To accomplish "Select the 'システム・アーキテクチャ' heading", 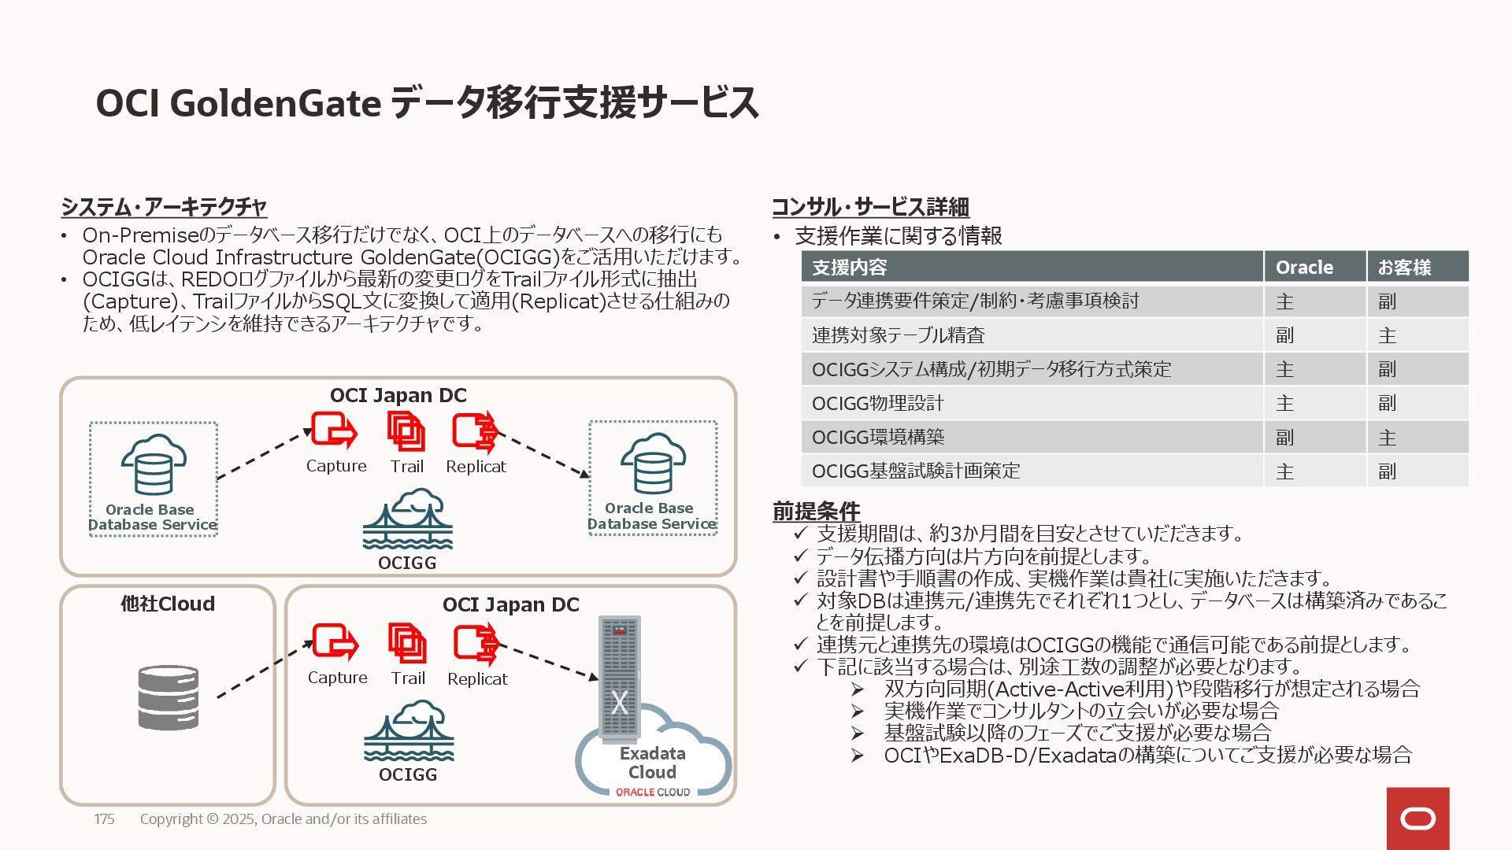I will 164,207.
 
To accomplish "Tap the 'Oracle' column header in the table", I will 1304,268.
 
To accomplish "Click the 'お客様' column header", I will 1404,268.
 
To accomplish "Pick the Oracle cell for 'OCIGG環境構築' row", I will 1284,438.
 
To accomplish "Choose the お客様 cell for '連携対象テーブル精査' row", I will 1387,336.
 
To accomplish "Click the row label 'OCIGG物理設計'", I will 877,404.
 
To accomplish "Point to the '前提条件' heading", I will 816,511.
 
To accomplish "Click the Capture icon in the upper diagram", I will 334,431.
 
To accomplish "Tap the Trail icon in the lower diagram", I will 407,642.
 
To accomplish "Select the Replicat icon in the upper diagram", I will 475,431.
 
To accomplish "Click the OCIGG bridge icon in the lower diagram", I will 408,732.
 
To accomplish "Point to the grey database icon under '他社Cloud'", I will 168,697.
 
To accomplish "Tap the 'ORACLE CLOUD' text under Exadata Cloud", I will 652,793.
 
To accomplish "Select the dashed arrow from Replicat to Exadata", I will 549,661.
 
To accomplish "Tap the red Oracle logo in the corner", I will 1417,819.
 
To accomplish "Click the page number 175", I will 104,819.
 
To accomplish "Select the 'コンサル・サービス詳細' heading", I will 870,207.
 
